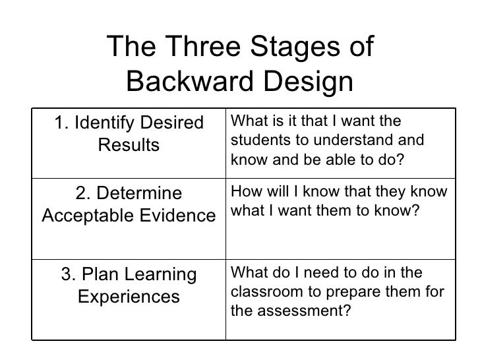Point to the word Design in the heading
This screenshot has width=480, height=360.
point(309,82)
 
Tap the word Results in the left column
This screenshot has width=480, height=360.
point(129,144)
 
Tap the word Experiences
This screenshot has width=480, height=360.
point(129,296)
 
